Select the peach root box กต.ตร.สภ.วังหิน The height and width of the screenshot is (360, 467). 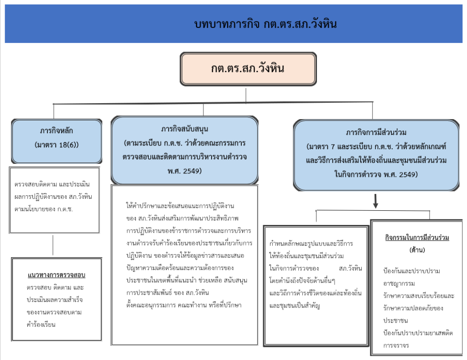click(248, 69)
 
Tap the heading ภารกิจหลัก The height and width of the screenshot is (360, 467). click(56, 131)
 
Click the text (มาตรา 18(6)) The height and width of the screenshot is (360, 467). click(57, 145)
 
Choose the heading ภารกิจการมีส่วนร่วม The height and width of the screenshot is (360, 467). click(376, 133)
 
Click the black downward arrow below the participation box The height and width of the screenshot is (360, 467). click(376, 201)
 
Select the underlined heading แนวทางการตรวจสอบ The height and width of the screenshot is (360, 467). click(57, 275)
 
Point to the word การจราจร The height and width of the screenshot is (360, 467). click(396, 345)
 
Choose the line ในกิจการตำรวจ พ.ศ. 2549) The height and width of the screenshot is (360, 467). click(376, 174)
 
